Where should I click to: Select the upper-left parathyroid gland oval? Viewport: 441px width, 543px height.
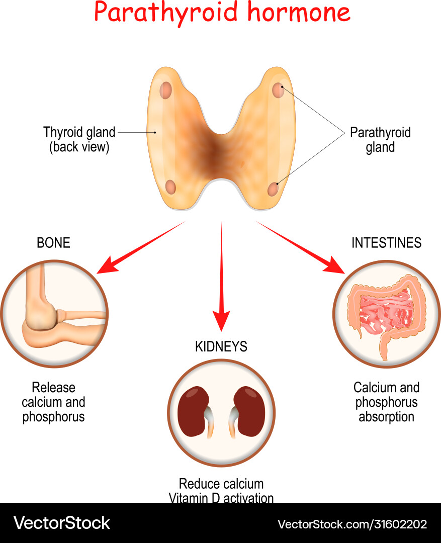[x=166, y=90]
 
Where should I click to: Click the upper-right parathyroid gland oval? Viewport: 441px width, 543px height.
[x=278, y=90]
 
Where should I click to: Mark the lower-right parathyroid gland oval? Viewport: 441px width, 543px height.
[x=273, y=189]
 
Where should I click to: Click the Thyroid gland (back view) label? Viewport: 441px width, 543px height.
[x=79, y=140]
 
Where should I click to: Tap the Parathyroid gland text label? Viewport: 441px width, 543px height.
[x=380, y=140]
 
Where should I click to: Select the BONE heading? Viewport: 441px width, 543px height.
[x=53, y=243]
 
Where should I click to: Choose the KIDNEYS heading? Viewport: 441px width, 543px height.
[x=221, y=346]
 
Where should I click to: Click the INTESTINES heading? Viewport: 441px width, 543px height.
[x=386, y=243]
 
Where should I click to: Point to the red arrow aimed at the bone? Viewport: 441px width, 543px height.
[x=141, y=247]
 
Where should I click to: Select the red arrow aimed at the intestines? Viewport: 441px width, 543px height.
[x=302, y=247]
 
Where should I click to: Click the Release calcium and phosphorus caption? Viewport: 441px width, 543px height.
[x=53, y=402]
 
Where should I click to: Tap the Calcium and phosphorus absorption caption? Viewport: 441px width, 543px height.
[x=386, y=402]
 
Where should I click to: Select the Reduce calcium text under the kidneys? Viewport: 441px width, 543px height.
[x=221, y=484]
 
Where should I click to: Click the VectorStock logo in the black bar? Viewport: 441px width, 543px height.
[x=61, y=523]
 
